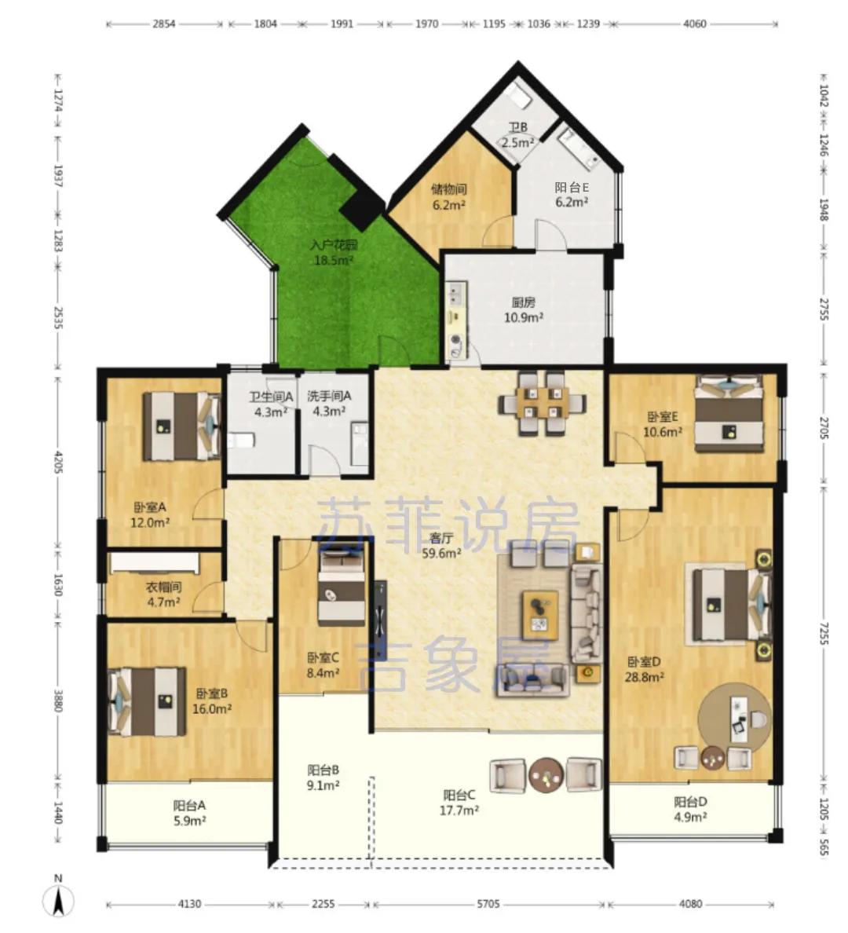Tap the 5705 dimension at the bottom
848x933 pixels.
(x=488, y=905)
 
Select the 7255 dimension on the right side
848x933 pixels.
(x=824, y=633)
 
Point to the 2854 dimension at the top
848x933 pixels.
(x=164, y=24)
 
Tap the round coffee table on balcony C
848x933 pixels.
(x=546, y=774)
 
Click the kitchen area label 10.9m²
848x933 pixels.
(x=524, y=318)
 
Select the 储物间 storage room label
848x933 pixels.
(x=448, y=189)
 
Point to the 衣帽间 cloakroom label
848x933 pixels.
(x=163, y=587)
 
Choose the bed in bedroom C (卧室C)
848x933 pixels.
(x=342, y=587)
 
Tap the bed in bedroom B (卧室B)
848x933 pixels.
(x=147, y=701)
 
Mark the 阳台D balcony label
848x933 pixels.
(x=690, y=802)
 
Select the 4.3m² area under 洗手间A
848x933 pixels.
(x=330, y=412)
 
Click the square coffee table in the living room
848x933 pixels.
(x=540, y=615)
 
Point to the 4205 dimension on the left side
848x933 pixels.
(x=58, y=462)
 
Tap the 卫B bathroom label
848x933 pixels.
(x=517, y=127)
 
